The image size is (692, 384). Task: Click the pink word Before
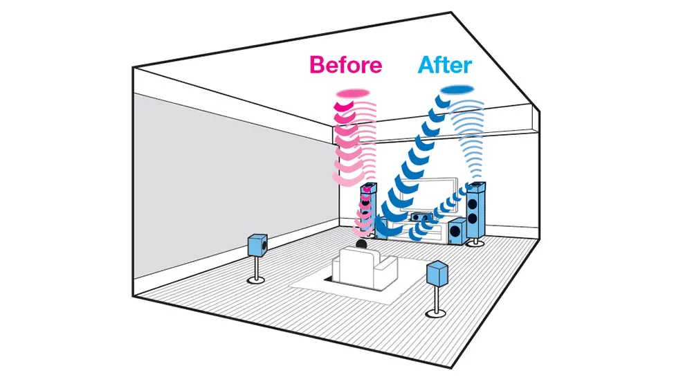click(345, 64)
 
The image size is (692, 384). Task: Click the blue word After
click(445, 65)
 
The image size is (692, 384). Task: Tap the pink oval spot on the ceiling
click(353, 93)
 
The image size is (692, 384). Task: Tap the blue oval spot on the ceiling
click(457, 90)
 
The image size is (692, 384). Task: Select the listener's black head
click(361, 244)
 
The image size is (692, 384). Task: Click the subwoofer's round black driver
click(455, 231)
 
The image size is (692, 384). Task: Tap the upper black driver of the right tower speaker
click(472, 204)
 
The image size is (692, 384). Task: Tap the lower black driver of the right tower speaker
click(473, 219)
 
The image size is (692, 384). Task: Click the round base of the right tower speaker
click(475, 242)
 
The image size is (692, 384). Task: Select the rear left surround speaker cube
click(257, 245)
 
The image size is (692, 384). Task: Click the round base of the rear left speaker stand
click(256, 280)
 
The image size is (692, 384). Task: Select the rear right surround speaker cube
click(437, 273)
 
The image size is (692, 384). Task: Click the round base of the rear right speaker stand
click(435, 313)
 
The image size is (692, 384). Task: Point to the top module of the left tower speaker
click(369, 189)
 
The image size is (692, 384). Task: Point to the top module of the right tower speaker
click(477, 188)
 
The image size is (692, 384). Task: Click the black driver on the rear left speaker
click(264, 244)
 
